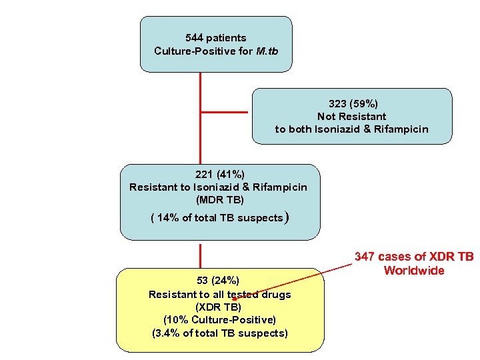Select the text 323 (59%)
click(x=353, y=103)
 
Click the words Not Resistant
click(x=351, y=116)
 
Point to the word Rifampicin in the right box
click(x=401, y=129)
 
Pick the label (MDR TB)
click(x=219, y=199)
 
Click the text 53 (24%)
click(x=219, y=280)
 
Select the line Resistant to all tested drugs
click(x=219, y=294)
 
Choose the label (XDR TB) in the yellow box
click(x=219, y=307)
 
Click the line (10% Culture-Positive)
click(x=219, y=320)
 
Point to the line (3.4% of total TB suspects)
click(x=219, y=333)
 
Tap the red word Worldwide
click(x=413, y=270)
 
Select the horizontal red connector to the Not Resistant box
click(x=226, y=112)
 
